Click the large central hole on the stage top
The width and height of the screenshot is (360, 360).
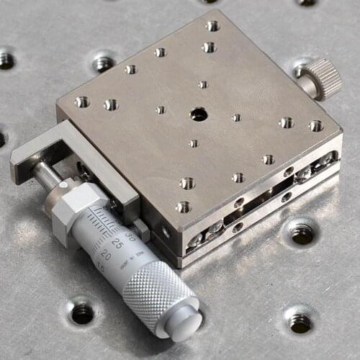[198, 114]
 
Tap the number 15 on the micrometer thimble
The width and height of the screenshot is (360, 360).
[99, 269]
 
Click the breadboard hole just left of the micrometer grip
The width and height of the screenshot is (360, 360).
[81, 312]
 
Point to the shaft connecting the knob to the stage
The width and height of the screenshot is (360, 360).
[307, 86]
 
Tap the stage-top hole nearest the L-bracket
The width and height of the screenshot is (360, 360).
[81, 102]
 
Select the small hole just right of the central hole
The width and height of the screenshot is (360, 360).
[236, 117]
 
